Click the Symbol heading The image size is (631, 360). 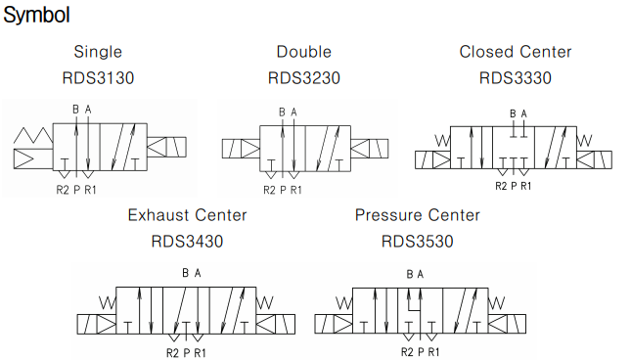click(36, 16)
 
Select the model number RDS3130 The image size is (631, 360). click(98, 78)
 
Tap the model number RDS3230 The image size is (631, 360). click(304, 78)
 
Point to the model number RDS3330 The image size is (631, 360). click(516, 78)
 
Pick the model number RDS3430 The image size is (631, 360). click(187, 242)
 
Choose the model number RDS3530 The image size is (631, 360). click(418, 242)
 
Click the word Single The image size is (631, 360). click(98, 52)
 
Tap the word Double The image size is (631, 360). click(304, 52)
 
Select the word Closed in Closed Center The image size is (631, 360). click(486, 52)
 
